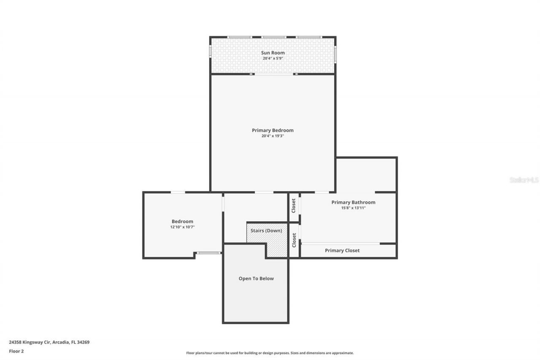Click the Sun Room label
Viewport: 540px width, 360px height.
coord(273,53)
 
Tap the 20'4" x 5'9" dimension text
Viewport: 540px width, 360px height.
coord(273,59)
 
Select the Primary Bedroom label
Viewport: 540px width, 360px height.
coord(273,130)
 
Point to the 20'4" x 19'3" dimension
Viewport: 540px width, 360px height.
coord(273,136)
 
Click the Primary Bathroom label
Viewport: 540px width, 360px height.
coord(353,202)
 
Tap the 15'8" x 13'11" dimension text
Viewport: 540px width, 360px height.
coord(353,208)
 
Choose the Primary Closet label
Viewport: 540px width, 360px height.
coord(342,251)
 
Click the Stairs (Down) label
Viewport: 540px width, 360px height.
coord(266,230)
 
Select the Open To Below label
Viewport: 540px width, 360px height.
coord(256,279)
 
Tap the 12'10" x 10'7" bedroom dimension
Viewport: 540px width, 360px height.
coord(182,227)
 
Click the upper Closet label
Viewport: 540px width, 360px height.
coord(294,206)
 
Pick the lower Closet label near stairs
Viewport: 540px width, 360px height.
coord(294,240)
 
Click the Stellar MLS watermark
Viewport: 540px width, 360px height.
coord(524,180)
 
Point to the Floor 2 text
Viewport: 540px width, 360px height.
coord(16,351)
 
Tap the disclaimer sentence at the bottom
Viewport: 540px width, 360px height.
coord(270,353)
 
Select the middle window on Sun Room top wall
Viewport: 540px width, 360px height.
coord(273,37)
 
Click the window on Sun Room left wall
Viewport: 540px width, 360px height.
coord(211,51)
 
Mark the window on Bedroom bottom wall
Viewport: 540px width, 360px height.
coord(209,253)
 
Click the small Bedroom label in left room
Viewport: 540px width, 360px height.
coord(182,222)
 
